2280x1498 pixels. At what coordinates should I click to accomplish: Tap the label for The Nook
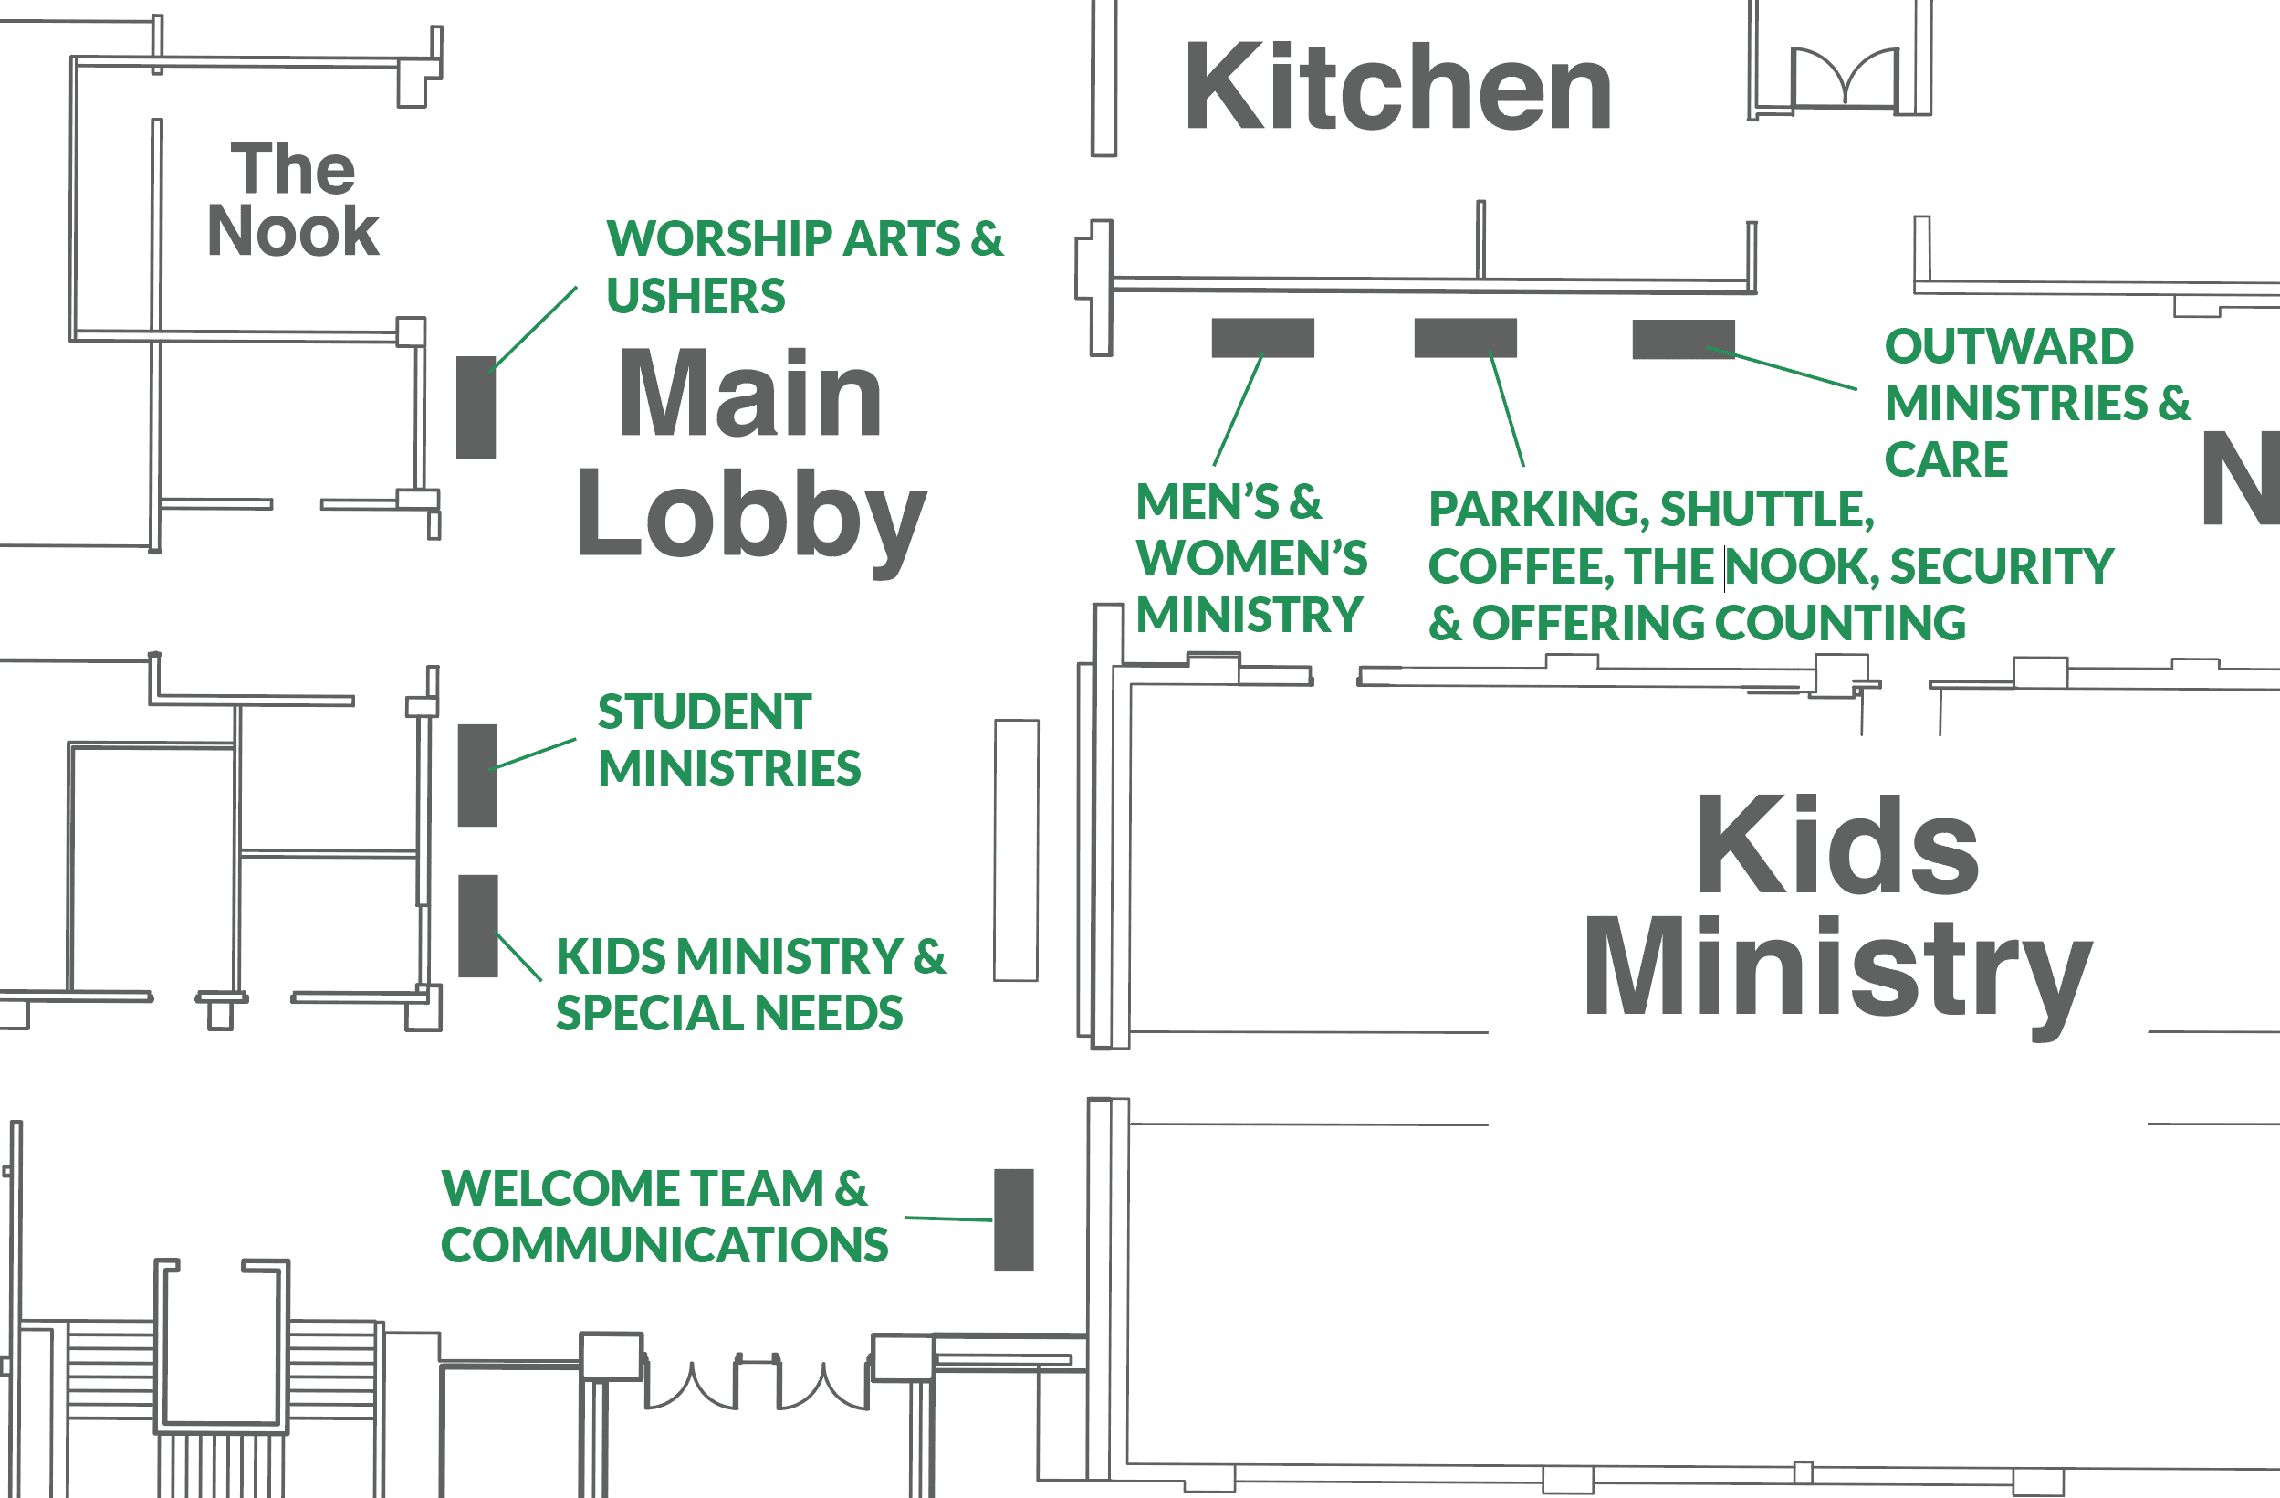pyautogui.click(x=293, y=199)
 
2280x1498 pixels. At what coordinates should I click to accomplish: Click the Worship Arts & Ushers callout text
pyautogui.click(x=805, y=267)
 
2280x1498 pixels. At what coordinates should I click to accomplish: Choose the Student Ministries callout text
pyautogui.click(x=729, y=740)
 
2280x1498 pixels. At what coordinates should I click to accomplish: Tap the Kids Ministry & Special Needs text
pyautogui.click(x=751, y=985)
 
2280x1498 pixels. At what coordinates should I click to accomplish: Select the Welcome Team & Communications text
pyautogui.click(x=664, y=1217)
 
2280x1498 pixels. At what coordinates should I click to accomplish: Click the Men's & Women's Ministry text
pyautogui.click(x=1251, y=558)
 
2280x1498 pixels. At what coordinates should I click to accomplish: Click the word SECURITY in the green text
pyautogui.click(x=2003, y=566)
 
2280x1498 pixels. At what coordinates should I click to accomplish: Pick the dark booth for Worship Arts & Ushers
pyautogui.click(x=476, y=407)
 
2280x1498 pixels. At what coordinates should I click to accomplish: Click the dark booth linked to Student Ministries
pyautogui.click(x=478, y=775)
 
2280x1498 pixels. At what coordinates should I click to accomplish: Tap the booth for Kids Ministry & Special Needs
pyautogui.click(x=478, y=926)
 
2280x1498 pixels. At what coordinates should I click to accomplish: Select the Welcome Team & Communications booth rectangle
pyautogui.click(x=1013, y=1220)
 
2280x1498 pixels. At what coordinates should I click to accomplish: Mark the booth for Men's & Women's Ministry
pyautogui.click(x=1262, y=337)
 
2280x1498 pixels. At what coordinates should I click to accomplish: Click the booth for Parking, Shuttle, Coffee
pyautogui.click(x=1466, y=337)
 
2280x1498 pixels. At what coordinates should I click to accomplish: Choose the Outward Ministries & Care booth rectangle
pyautogui.click(x=1683, y=339)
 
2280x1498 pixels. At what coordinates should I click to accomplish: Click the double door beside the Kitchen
pyautogui.click(x=1845, y=77)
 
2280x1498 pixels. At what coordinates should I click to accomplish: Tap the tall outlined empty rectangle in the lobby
pyautogui.click(x=1017, y=850)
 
